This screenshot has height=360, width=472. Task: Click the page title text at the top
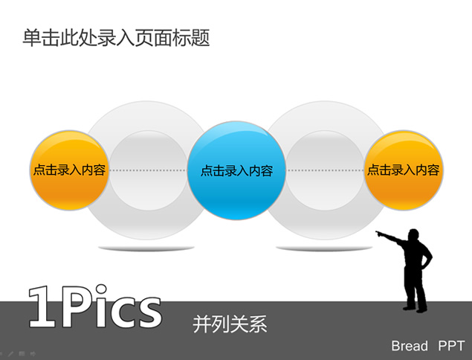pos(116,38)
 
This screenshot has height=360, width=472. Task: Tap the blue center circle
pos(236,170)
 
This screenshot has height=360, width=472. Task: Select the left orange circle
pos(69,170)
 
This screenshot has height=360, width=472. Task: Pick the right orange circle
pos(404,170)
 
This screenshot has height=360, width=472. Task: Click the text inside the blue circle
pos(237,171)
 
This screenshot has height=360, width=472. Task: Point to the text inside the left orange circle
pos(69,170)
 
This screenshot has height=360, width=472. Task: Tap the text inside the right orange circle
pos(404,170)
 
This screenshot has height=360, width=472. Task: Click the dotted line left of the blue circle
pos(148,170)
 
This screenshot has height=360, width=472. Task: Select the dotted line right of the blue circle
pos(325,170)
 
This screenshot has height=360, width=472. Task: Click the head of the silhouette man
pos(413,235)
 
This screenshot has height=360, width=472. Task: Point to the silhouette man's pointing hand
pos(378,233)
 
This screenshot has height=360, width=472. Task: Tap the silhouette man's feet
pos(415,309)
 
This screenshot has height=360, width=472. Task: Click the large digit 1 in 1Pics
pos(43,306)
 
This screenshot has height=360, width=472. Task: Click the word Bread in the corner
pos(410,346)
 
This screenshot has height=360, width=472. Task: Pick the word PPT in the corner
pos(451,346)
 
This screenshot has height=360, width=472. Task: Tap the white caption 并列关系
pos(230,324)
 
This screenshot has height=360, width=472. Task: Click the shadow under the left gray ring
pos(146,248)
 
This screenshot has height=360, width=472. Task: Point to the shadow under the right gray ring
pos(325,248)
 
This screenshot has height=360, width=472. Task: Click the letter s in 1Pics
pos(148,312)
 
